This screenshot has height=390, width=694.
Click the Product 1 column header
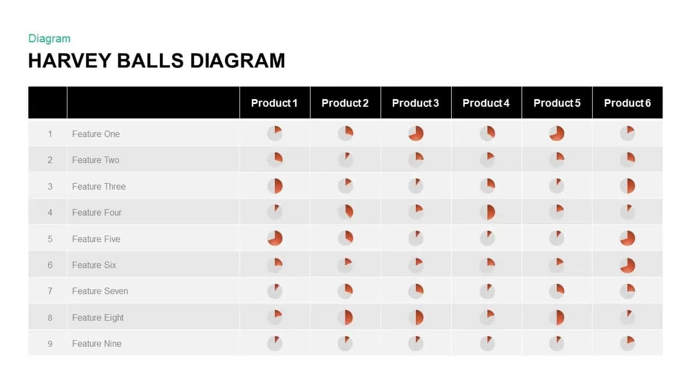coord(274,103)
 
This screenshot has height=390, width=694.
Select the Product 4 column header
coord(486,103)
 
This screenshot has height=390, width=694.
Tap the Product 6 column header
coord(627,103)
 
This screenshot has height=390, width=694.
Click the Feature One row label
coord(96,134)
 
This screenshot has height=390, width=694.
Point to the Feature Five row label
coord(96,239)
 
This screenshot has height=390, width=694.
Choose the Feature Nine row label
coord(97,343)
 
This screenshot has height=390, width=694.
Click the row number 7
coord(50,291)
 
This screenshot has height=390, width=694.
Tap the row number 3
coord(50,187)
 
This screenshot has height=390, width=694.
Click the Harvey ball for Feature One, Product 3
coord(416,133)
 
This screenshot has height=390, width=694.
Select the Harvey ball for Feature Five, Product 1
coord(275,238)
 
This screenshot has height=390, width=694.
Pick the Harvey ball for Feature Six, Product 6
coord(627,265)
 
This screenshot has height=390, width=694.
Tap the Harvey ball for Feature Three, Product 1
coord(275,186)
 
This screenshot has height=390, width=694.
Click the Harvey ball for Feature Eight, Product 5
coord(557,317)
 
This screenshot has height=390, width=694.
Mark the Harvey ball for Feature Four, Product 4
coord(487,212)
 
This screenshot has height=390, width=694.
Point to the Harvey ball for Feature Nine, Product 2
coord(345,343)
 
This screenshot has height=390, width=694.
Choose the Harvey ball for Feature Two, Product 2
coord(345,160)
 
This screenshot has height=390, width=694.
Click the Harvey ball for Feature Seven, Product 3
coord(416,291)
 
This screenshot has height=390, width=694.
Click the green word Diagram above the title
coord(49,38)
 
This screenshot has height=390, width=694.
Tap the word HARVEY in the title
coord(70,61)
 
